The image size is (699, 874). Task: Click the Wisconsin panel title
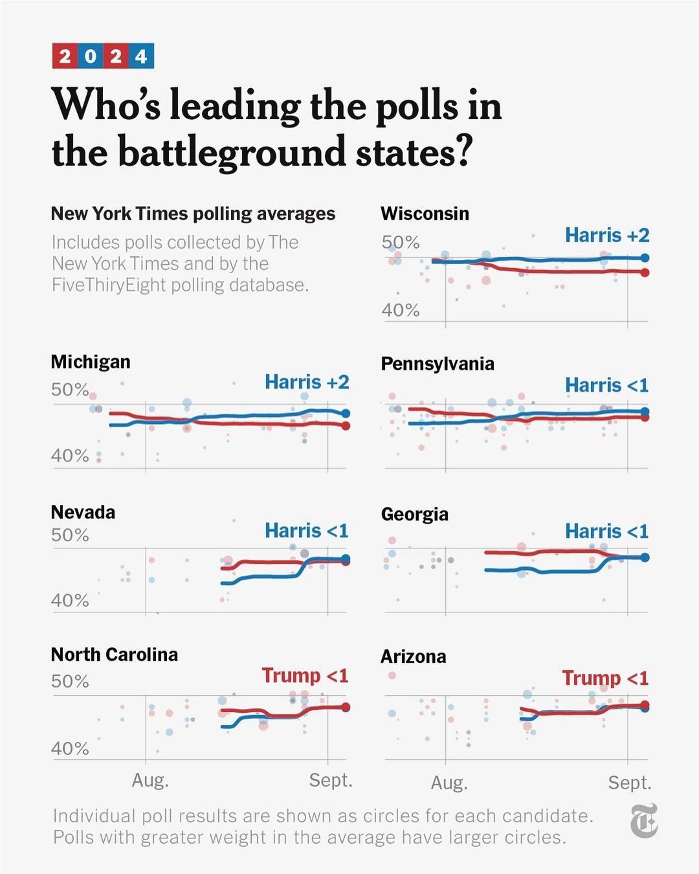[425, 214]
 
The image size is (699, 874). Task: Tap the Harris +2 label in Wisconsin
[606, 235]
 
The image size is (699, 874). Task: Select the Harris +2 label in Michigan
[307, 382]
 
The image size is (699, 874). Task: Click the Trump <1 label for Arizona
[605, 678]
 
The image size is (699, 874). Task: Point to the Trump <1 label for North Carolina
[305, 675]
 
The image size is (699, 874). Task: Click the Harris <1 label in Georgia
[606, 532]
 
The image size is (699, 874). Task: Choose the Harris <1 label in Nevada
[306, 531]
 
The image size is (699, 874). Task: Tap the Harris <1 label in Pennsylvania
[606, 385]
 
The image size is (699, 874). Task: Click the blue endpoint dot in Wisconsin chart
[644, 258]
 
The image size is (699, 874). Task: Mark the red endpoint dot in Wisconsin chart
[644, 273]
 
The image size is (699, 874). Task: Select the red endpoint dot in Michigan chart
[346, 425]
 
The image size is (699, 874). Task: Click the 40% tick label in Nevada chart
[70, 600]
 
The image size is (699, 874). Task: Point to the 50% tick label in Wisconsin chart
[401, 242]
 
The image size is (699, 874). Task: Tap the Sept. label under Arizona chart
[629, 783]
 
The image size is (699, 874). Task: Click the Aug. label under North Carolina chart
[150, 780]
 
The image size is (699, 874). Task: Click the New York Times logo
[643, 821]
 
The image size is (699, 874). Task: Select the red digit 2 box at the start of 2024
[65, 56]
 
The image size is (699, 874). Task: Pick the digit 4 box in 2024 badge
[141, 56]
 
